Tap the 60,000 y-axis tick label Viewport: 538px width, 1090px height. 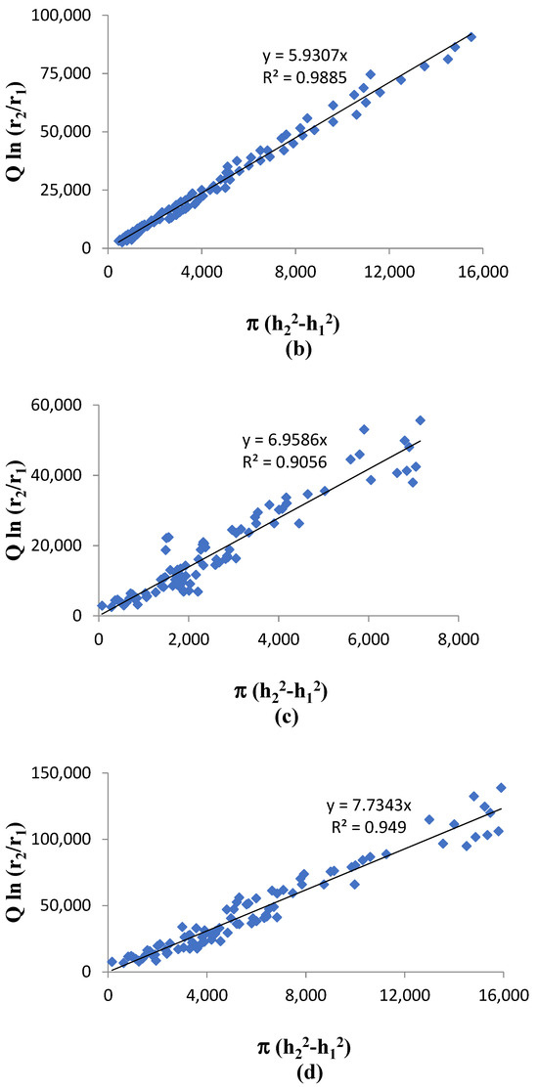[57, 405]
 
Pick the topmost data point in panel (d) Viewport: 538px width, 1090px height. [501, 787]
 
